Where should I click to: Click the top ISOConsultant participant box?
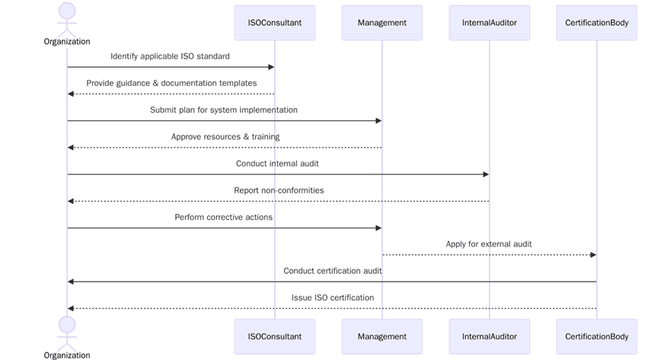tap(274, 23)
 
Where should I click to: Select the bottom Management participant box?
tap(381, 336)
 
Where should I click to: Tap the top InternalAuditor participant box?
tap(489, 23)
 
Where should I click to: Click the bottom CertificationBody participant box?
tap(596, 336)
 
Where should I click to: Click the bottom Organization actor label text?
tap(67, 355)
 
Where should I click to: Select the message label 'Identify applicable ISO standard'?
tap(170, 56)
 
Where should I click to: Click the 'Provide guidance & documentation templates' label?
tap(171, 83)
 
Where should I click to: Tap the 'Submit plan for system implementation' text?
tap(224, 110)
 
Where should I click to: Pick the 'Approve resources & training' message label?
tap(225, 137)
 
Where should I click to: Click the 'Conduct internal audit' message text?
tap(277, 164)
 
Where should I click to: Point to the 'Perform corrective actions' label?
tap(224, 217)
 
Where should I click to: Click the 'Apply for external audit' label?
tap(489, 244)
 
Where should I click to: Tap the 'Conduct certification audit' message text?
tap(333, 271)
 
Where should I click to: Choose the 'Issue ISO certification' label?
tap(333, 298)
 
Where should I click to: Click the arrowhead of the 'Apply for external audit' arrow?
tap(593, 255)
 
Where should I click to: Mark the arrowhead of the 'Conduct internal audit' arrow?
tap(485, 174)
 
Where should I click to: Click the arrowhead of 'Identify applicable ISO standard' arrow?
tap(270, 67)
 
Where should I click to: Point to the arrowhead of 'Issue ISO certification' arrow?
tap(71, 308)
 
